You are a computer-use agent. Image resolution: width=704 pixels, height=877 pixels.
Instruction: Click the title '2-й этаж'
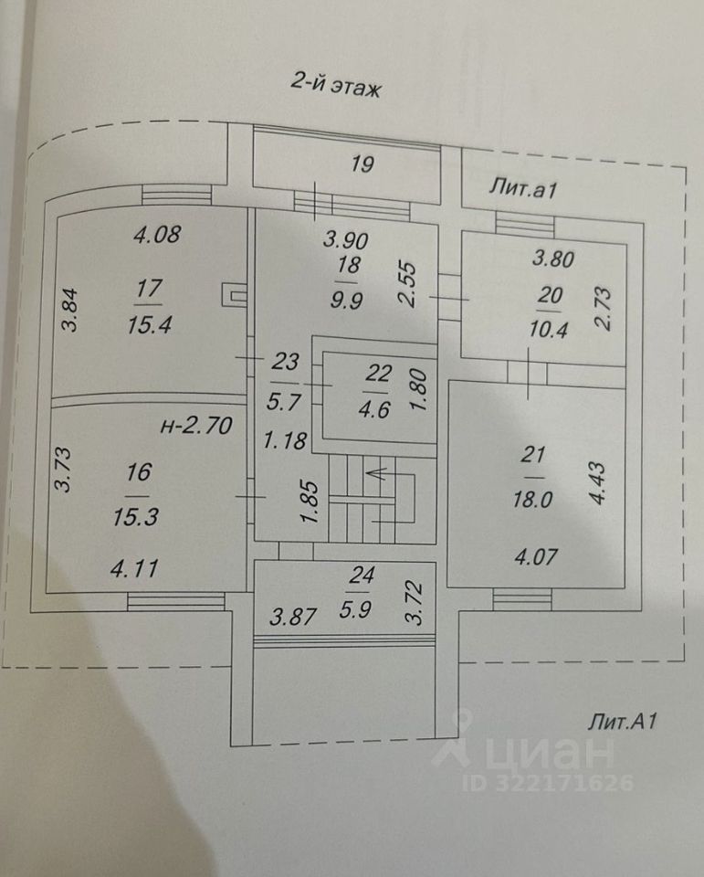point(334,88)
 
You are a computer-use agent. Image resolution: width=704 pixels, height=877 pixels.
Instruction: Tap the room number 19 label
point(362,164)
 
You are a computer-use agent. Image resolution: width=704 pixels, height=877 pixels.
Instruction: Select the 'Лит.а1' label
point(523,190)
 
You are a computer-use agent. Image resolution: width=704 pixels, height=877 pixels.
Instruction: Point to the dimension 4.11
point(134,569)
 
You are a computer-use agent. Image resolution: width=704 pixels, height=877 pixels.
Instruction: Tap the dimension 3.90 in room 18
point(348,241)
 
